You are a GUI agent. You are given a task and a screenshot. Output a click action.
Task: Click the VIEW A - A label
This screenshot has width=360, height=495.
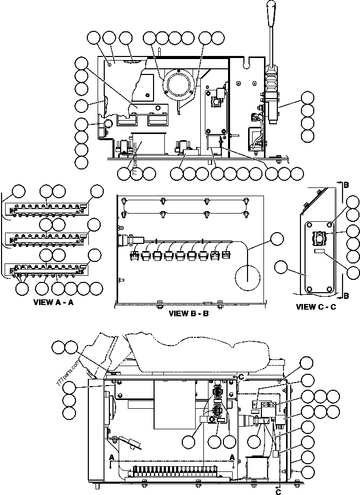[53, 302]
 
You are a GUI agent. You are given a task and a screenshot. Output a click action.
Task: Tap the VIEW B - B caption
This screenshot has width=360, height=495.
[188, 313]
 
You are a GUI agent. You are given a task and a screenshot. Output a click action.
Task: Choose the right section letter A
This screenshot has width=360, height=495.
[233, 456]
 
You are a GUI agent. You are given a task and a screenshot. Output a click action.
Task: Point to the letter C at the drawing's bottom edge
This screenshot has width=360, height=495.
[279, 492]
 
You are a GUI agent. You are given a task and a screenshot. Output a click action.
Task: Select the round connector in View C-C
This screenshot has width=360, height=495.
[320, 237]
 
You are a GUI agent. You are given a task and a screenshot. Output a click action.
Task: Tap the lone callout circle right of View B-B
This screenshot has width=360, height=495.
[277, 239]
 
